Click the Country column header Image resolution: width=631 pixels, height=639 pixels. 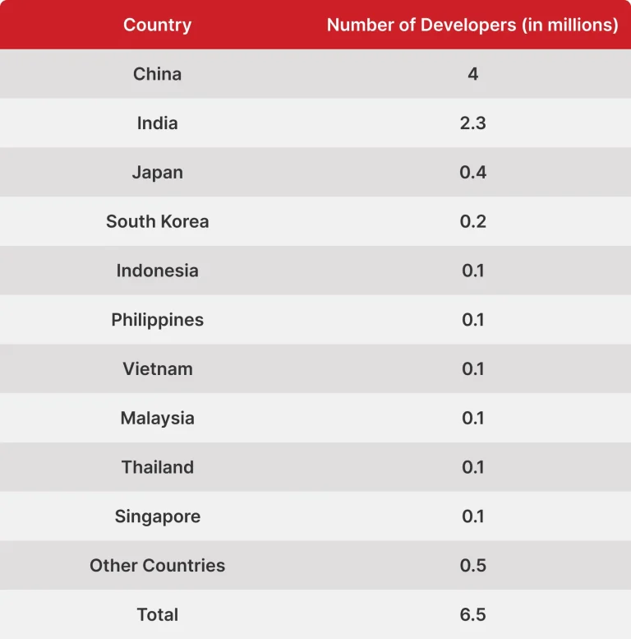coord(157,25)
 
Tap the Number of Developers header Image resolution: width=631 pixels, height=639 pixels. coord(472,25)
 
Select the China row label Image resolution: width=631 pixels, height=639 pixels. coord(157,74)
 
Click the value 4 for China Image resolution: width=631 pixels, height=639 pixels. coord(472,74)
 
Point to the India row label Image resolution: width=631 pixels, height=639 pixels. coord(157,123)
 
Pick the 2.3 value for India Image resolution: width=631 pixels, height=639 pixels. coord(472,123)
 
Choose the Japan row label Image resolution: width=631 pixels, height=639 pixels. coord(157,173)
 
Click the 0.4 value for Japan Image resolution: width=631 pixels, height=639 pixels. coord(472,173)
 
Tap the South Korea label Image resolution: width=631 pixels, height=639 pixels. coord(157,221)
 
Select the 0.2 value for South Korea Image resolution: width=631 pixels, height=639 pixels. coord(472,221)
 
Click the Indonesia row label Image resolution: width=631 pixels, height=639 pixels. coord(157,271)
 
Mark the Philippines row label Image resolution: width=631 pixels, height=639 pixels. coord(157,320)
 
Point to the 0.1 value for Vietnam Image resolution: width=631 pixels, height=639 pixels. coord(472,368)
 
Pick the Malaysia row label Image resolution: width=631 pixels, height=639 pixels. coord(157,418)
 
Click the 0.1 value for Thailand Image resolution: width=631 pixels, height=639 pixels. coord(472,467)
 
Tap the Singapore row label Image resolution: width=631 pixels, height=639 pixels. coord(157,516)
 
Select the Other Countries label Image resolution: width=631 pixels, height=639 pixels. coord(157,566)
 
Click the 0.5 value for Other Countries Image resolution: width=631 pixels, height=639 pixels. coord(472,566)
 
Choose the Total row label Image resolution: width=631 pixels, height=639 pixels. coord(157,614)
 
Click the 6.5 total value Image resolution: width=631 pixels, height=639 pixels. coord(472,614)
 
